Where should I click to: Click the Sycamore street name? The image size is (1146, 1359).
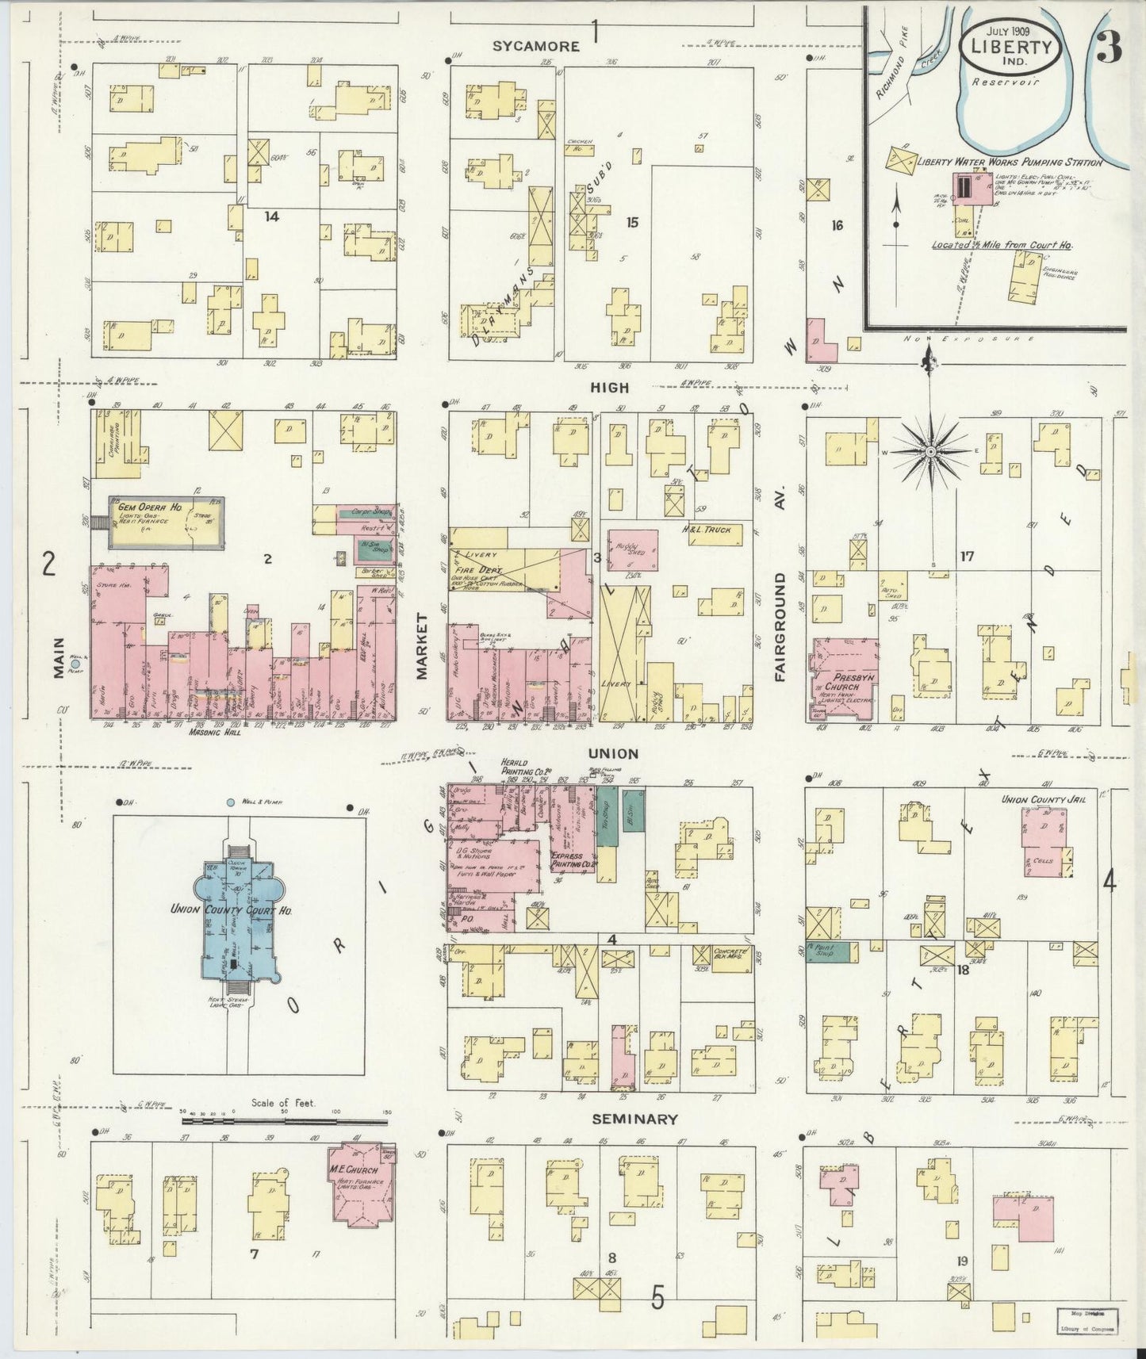pos(536,47)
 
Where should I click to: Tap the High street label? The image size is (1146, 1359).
pos(609,388)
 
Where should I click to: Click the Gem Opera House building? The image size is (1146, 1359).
pos(166,523)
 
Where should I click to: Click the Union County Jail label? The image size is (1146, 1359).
pos(1043,799)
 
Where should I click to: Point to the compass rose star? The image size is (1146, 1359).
pos(931,452)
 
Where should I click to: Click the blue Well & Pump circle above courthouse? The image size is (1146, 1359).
pos(231,803)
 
